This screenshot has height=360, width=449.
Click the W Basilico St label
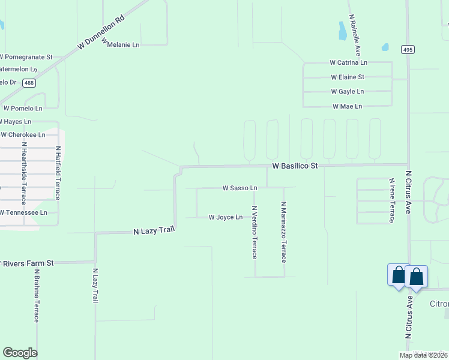click(294, 165)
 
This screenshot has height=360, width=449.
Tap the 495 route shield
click(408, 50)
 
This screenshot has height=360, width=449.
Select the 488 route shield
click(28, 83)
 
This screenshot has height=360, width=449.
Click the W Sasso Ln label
click(240, 188)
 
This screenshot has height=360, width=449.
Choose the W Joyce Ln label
click(225, 217)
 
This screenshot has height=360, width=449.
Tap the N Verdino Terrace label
click(255, 232)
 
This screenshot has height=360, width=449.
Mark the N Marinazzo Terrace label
click(284, 232)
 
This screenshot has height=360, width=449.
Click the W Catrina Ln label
click(348, 62)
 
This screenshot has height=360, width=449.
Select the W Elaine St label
click(348, 77)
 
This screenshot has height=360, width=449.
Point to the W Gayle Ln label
click(348, 92)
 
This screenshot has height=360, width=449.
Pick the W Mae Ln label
click(348, 106)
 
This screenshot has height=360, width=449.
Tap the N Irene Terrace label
click(391, 200)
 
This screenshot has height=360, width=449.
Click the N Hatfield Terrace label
click(58, 173)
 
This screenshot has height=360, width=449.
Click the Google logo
click(20, 353)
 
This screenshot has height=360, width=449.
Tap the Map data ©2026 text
click(423, 355)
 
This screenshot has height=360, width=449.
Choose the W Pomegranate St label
click(26, 57)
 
